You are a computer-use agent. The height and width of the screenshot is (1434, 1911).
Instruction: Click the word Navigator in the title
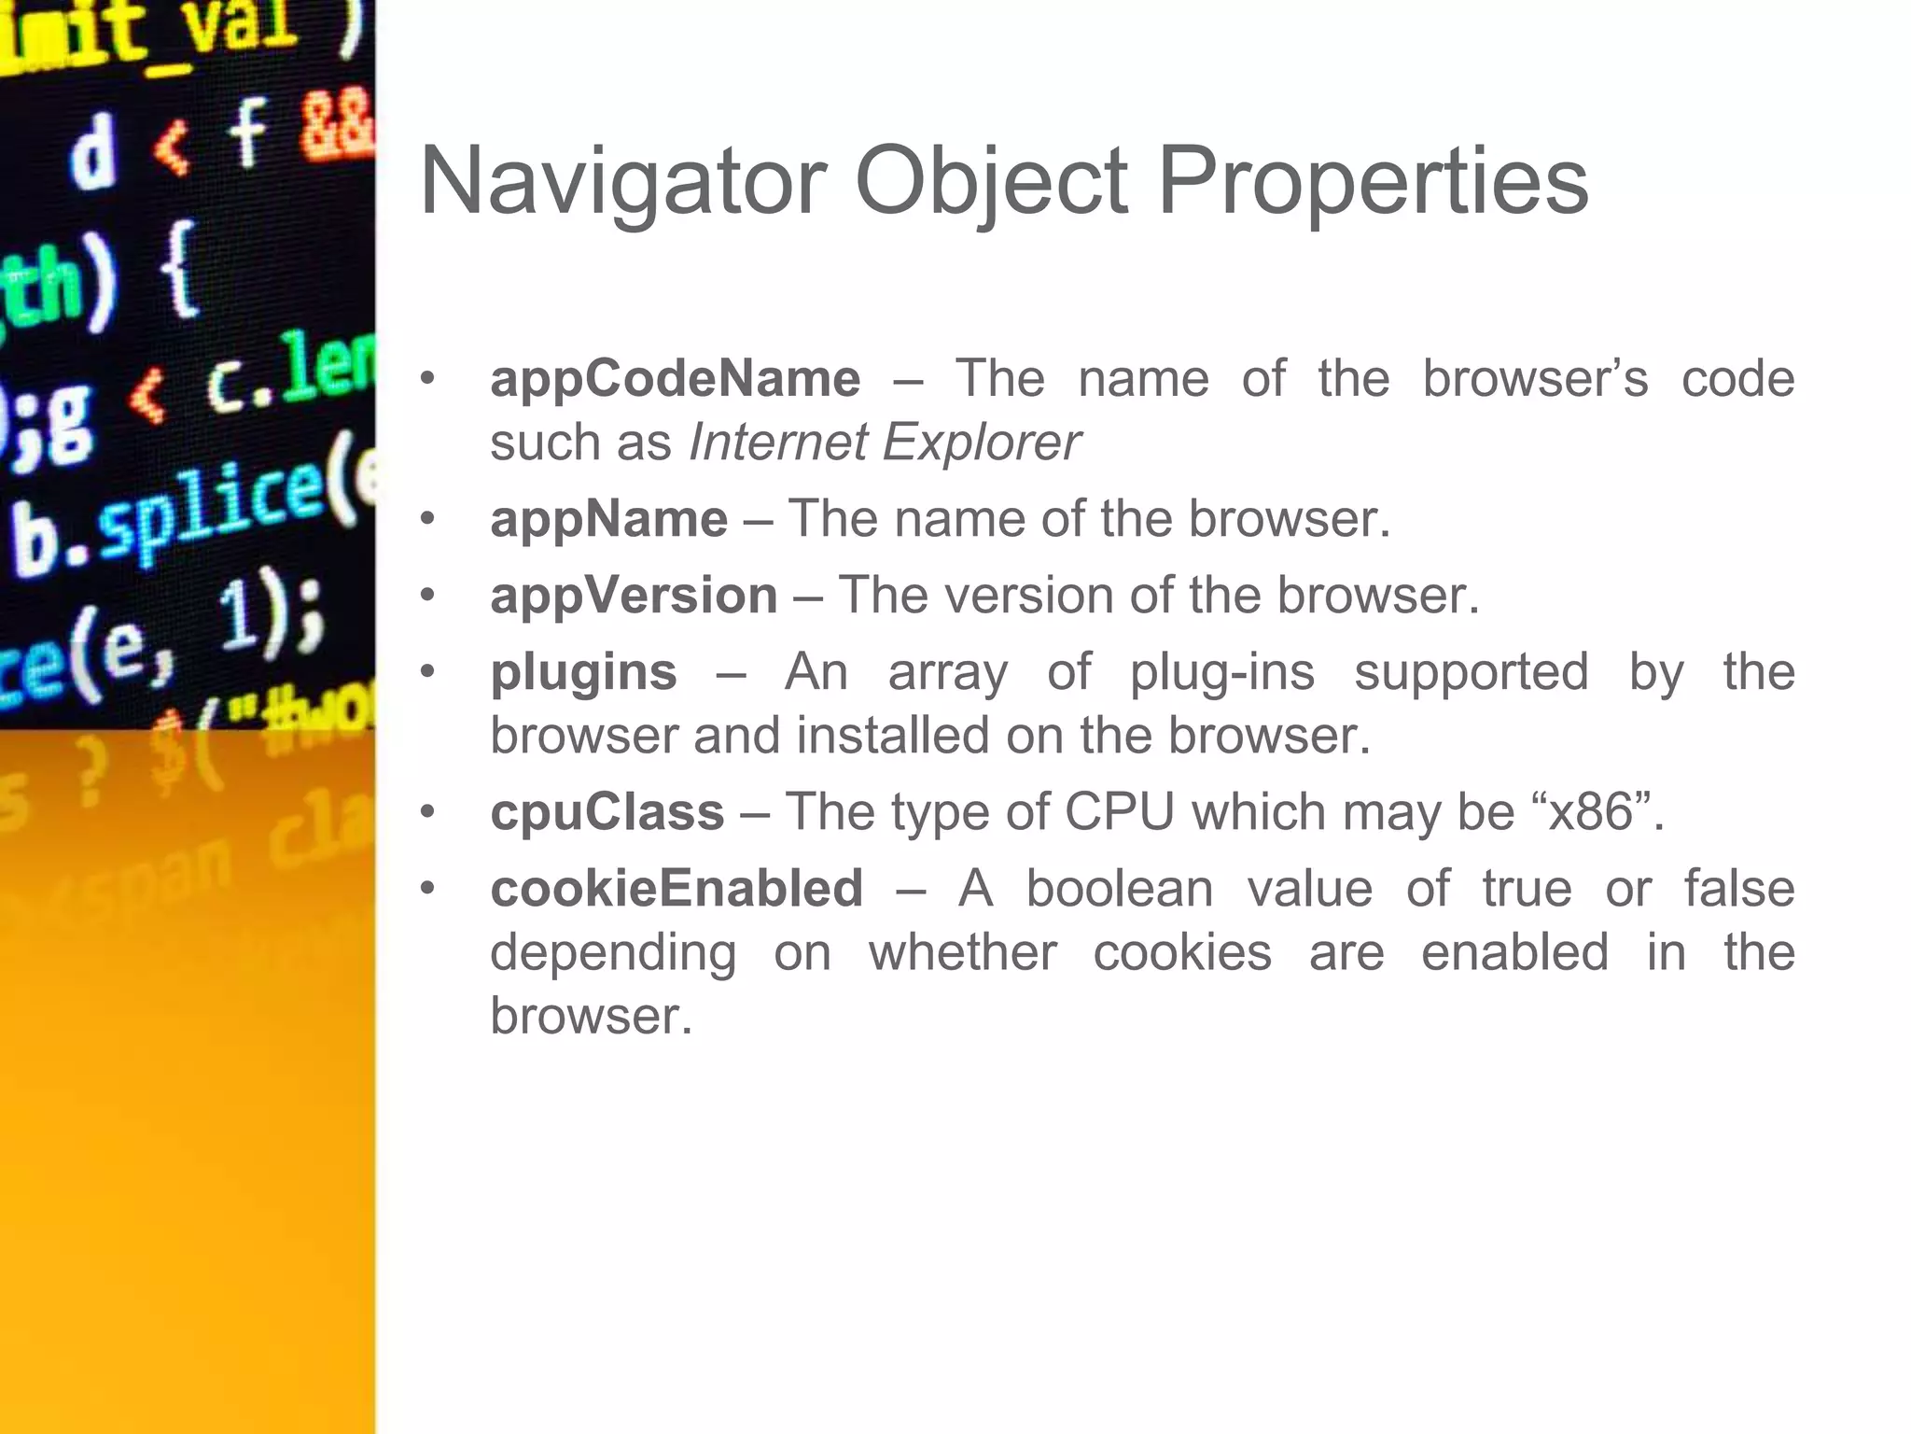[x=623, y=181]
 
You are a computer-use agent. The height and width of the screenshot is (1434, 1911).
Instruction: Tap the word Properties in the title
[x=1373, y=181]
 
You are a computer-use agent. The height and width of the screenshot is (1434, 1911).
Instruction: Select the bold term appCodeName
[x=676, y=378]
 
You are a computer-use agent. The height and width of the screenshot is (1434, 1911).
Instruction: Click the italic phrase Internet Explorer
[x=885, y=442]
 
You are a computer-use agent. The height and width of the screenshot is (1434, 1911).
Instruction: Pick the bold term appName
[x=608, y=519]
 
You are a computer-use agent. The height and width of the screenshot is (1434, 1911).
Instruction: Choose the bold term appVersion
[x=634, y=596]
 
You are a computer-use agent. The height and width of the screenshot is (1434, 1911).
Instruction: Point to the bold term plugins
[x=583, y=672]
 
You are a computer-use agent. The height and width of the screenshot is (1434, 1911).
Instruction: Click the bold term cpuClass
[x=607, y=811]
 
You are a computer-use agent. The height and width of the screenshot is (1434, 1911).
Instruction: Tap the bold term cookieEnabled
[x=677, y=888]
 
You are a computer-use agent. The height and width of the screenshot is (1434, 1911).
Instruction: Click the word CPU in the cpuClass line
[x=1119, y=811]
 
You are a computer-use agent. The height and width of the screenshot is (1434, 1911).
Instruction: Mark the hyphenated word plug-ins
[x=1222, y=672]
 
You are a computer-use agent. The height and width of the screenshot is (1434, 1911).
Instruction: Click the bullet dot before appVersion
[x=427, y=596]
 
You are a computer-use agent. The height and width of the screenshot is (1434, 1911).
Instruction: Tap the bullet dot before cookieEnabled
[x=427, y=888]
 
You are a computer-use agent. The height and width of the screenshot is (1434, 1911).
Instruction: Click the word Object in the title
[x=991, y=181]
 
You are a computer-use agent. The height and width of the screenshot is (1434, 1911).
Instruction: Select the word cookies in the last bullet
[x=1182, y=952]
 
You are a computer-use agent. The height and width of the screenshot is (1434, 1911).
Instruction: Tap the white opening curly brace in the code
[x=178, y=271]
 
